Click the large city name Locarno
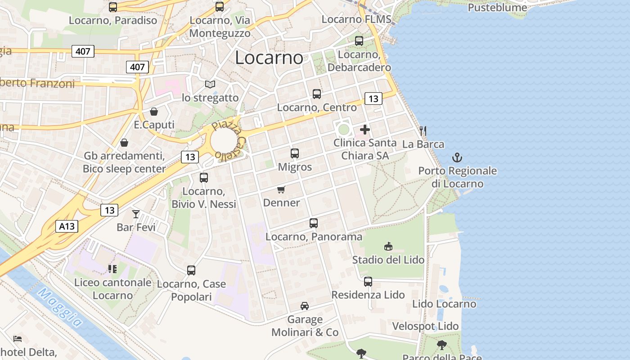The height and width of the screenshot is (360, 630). (x=269, y=58)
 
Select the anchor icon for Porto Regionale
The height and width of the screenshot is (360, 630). (x=457, y=157)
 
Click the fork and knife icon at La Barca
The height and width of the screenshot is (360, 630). (x=423, y=131)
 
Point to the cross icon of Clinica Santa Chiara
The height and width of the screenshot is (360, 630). (x=365, y=130)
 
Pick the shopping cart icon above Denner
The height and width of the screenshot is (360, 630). (x=281, y=189)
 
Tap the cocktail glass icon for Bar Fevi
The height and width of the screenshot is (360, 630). (x=136, y=214)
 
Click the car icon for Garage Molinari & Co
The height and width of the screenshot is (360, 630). (x=305, y=306)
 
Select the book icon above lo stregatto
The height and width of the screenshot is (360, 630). (x=210, y=84)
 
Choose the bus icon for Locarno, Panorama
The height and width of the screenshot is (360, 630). (x=314, y=223)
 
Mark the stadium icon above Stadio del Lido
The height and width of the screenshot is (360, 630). (x=388, y=246)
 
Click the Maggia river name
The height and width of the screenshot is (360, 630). (x=60, y=308)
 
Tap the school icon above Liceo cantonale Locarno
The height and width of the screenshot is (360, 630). (x=112, y=269)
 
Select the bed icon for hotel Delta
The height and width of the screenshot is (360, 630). (x=18, y=338)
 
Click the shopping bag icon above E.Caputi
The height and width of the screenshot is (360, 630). (x=154, y=111)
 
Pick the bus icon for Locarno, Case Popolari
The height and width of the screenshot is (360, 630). (x=191, y=270)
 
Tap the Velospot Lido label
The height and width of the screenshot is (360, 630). (x=425, y=326)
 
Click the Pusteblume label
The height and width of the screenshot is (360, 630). (x=497, y=8)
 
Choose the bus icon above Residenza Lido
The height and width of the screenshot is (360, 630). (x=368, y=282)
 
